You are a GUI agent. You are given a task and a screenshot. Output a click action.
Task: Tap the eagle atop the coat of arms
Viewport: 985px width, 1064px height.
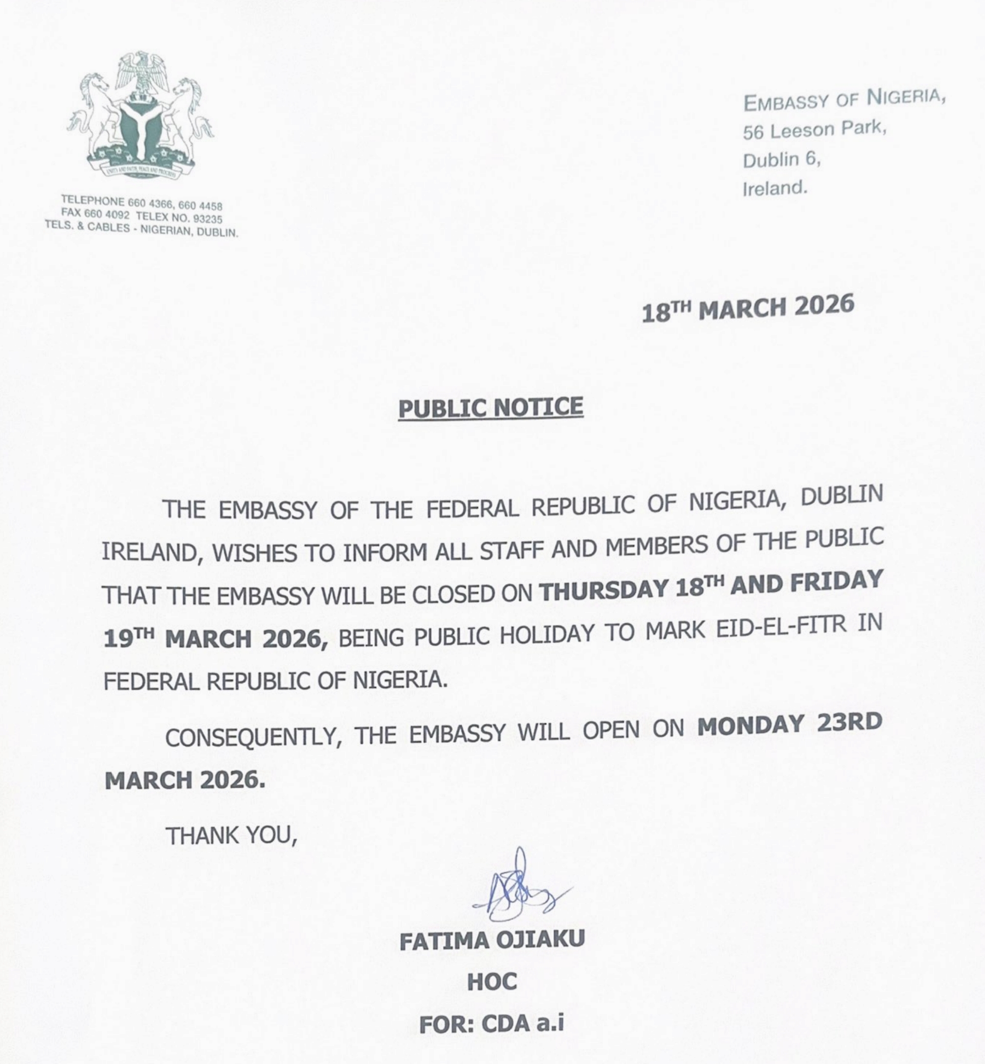pos(141,72)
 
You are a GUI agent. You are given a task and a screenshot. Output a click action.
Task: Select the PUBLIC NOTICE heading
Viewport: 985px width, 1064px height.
pos(491,408)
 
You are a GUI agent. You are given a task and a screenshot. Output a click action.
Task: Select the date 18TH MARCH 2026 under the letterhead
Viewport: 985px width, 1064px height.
pos(747,309)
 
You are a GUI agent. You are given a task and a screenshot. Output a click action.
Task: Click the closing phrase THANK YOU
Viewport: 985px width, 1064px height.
pos(231,836)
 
